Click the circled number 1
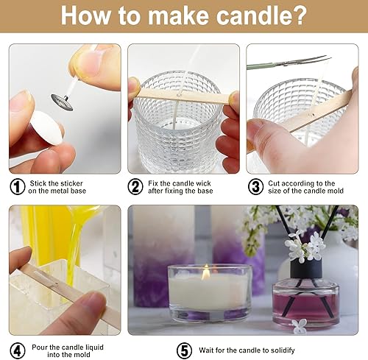[18, 187]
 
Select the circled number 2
[135, 187]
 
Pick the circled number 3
[255, 187]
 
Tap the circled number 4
[18, 350]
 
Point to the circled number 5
[184, 350]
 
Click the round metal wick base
[62, 102]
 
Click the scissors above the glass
[289, 63]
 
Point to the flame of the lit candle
[205, 272]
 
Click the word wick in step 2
[202, 183]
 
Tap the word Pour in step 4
[40, 347]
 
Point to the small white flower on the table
[299, 324]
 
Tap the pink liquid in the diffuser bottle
[305, 306]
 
